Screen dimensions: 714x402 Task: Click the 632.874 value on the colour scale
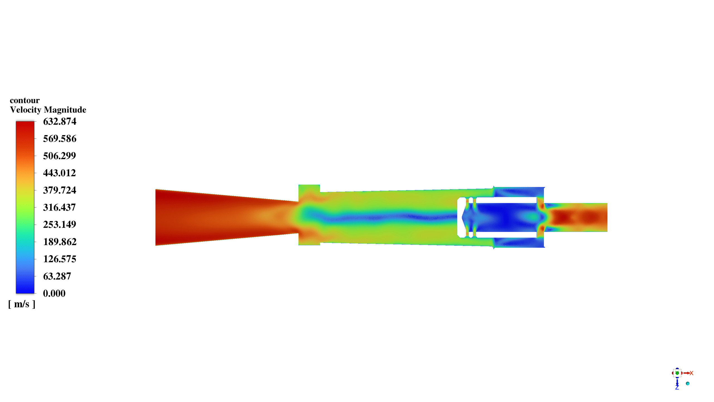[60, 121]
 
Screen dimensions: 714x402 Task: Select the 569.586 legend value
[60, 139]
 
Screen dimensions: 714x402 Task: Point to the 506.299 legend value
[59, 156]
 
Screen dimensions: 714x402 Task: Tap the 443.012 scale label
[59, 173]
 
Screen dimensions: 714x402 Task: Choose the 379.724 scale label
[60, 190]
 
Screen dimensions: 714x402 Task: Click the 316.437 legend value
[59, 207]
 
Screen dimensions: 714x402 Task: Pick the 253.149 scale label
[60, 224]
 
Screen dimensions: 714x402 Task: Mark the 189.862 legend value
[60, 242]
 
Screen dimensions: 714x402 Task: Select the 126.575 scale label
[60, 259]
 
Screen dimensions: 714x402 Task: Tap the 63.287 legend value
[57, 276]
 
